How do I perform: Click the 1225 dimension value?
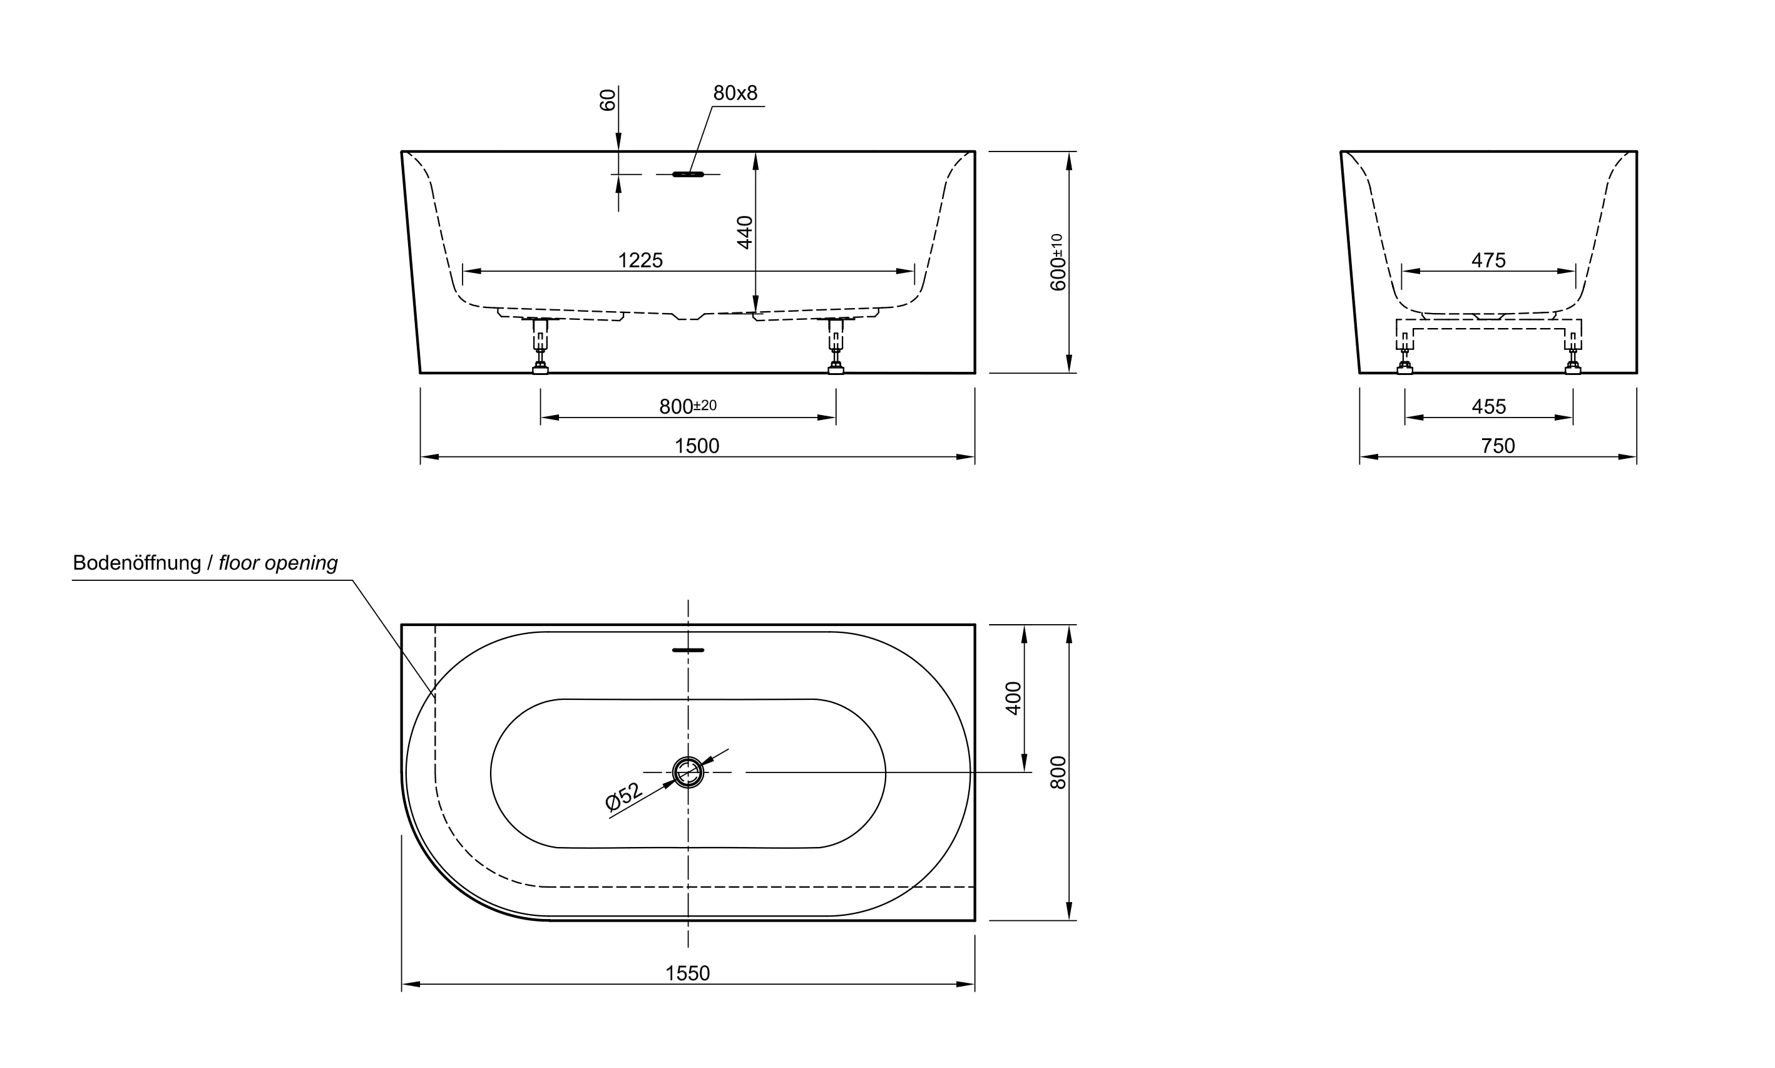coord(640,260)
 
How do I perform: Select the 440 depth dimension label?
coord(745,232)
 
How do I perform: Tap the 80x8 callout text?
coord(735,93)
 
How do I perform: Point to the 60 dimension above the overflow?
coord(607,100)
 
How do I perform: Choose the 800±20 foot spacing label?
coord(687,407)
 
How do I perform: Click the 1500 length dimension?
coord(696,446)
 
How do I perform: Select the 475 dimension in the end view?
coord(1488,260)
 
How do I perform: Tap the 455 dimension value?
coord(1488,407)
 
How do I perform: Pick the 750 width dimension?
coord(1497,446)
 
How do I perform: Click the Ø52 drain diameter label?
coord(623,798)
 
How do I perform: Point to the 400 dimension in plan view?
coord(1013,697)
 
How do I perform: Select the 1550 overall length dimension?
coord(687,973)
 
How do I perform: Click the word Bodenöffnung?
coord(136,563)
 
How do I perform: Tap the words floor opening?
coord(278,563)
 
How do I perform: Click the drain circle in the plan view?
coord(688,773)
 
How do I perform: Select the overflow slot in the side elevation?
coord(688,174)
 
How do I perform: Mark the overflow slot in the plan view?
coord(688,650)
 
